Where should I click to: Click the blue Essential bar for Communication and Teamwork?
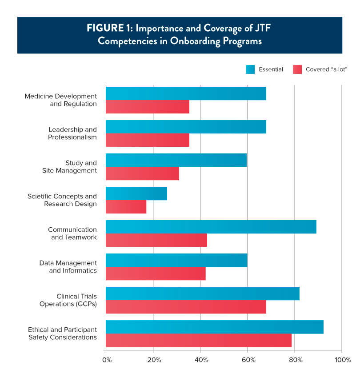click(x=211, y=227)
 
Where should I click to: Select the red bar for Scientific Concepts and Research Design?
click(x=126, y=207)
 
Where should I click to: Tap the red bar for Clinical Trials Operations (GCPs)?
click(x=186, y=307)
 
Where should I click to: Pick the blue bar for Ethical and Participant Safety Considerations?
click(x=214, y=327)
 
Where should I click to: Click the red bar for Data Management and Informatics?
click(x=156, y=273)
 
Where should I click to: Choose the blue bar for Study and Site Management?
click(x=176, y=160)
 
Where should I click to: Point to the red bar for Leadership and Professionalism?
click(x=148, y=140)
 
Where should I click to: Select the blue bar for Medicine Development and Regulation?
click(x=186, y=93)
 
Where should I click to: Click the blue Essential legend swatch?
click(x=251, y=69)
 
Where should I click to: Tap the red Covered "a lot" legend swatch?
click(x=297, y=69)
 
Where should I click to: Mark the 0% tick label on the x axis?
click(x=107, y=359)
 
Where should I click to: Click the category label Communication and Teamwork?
click(x=72, y=233)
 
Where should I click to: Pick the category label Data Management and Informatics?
click(x=68, y=267)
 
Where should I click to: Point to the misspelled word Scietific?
click(x=40, y=196)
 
